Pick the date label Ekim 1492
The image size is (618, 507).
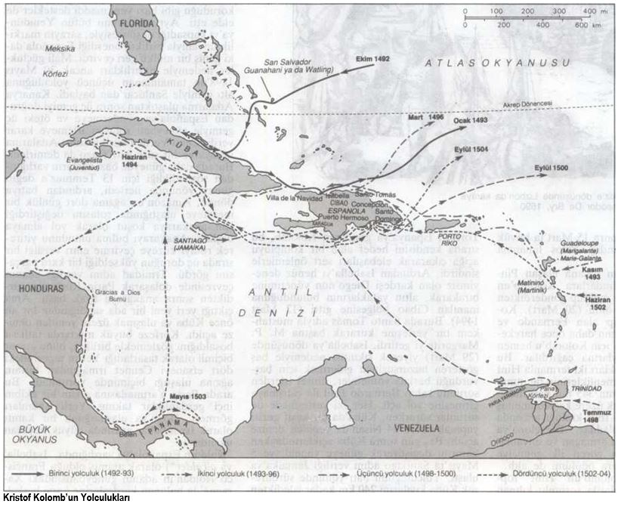point(374,58)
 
